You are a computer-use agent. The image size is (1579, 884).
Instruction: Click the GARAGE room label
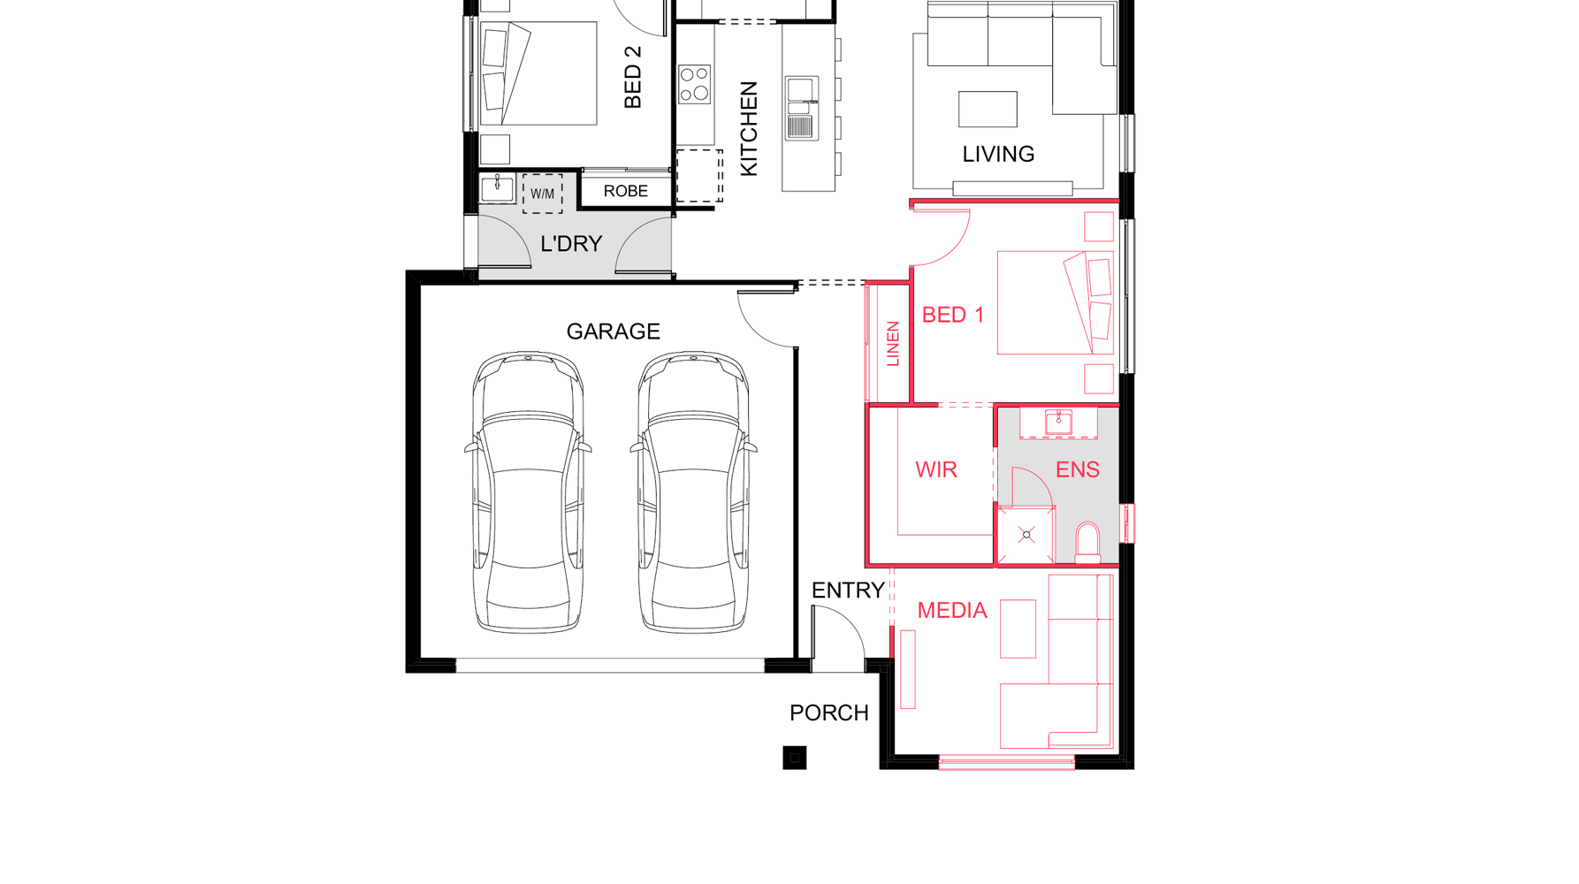point(613,331)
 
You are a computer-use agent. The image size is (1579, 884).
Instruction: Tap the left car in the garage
point(528,492)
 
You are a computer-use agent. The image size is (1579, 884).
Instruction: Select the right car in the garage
point(693,492)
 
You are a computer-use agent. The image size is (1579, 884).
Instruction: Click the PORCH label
point(828,713)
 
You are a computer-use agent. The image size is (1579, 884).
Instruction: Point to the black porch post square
point(794,758)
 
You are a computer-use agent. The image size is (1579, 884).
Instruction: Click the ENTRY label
point(848,591)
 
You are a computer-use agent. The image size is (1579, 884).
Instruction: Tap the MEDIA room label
point(951,611)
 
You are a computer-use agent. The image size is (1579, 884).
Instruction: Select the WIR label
point(936,469)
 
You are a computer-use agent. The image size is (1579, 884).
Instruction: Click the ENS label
point(1077,469)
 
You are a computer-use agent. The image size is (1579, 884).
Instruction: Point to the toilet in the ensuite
point(1087,543)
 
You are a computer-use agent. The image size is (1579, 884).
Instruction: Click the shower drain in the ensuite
point(1026,535)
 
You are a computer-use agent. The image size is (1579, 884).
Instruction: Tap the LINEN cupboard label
point(893,344)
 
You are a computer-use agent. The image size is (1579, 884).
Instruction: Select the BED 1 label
point(952,315)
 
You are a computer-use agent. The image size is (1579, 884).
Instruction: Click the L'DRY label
point(571,244)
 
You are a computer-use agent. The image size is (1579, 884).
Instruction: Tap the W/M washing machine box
point(542,194)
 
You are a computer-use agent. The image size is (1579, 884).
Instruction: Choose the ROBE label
point(625,191)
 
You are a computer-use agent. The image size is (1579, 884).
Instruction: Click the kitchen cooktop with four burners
point(695,84)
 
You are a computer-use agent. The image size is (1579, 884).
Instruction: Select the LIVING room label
point(998,154)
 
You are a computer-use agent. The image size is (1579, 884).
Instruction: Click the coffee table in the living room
point(988,109)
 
